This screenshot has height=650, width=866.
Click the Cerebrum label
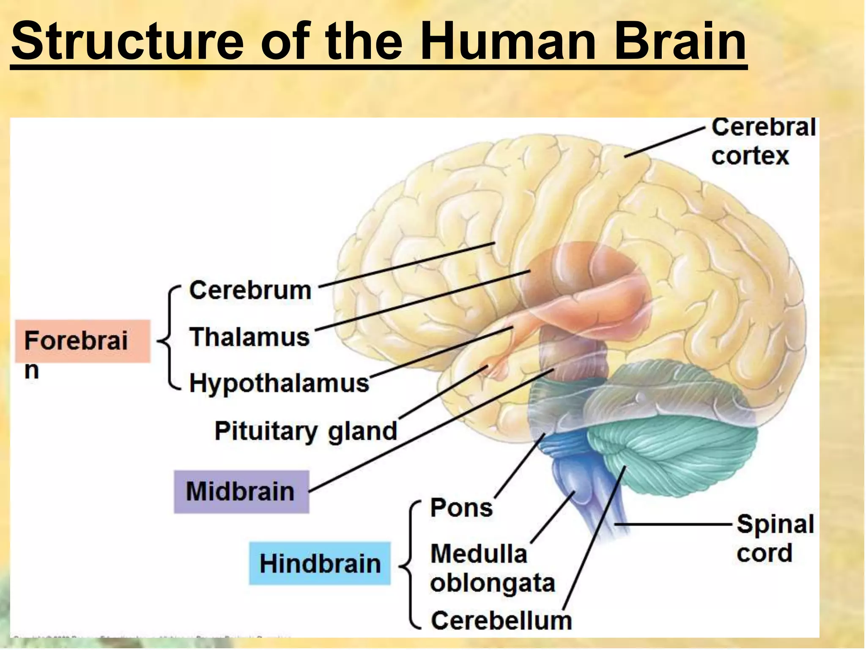pyautogui.click(x=250, y=291)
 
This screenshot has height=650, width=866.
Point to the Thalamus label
pyautogui.click(x=249, y=337)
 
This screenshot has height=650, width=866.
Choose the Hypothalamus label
pyautogui.click(x=279, y=383)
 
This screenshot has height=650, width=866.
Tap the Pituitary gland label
pyautogui.click(x=306, y=431)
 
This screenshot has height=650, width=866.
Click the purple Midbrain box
pyautogui.click(x=241, y=492)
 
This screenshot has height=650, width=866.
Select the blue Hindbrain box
pyautogui.click(x=320, y=564)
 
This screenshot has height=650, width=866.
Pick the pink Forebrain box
pyautogui.click(x=82, y=341)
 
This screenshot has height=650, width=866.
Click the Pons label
pyautogui.click(x=461, y=507)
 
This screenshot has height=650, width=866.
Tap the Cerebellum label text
pyautogui.click(x=501, y=621)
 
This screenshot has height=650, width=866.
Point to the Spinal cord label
pyautogui.click(x=775, y=538)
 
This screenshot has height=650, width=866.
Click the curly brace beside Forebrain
pyautogui.click(x=169, y=339)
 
